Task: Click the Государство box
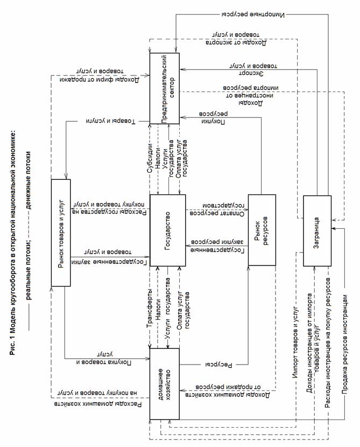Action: tap(167, 230)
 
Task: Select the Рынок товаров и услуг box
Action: tap(61, 232)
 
